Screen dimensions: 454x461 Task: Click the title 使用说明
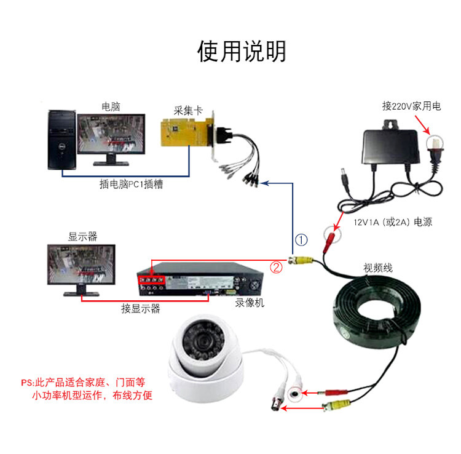pyautogui.click(x=241, y=51)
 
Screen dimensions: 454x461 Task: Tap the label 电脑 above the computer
pyautogui.click(x=111, y=106)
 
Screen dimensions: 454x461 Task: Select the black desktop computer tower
pyautogui.click(x=62, y=140)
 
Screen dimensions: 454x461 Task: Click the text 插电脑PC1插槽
pyautogui.click(x=132, y=184)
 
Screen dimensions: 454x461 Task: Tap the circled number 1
pyautogui.click(x=301, y=239)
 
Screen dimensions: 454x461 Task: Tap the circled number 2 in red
pyautogui.click(x=277, y=267)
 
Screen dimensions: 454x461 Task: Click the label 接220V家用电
pyautogui.click(x=411, y=106)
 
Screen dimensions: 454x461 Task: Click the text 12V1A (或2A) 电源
pyautogui.click(x=392, y=221)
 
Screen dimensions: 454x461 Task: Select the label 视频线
pyautogui.click(x=376, y=268)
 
